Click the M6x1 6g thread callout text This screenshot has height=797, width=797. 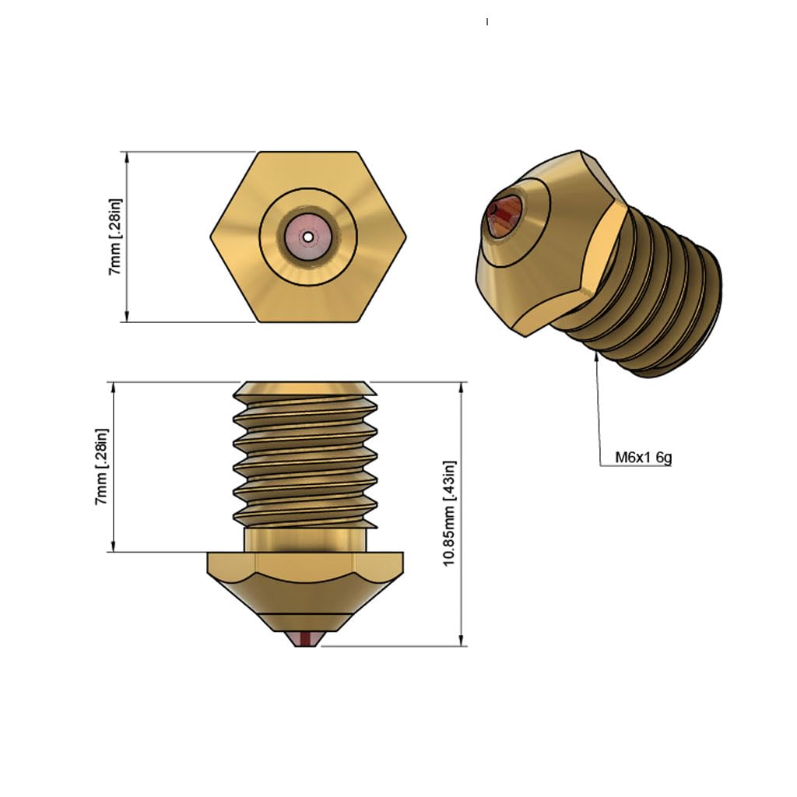(643, 458)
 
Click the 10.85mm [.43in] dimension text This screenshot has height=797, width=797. (449, 513)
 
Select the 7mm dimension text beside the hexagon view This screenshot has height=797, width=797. (115, 237)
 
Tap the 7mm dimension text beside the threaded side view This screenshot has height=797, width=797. (102, 466)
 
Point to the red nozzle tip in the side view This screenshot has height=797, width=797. (304, 638)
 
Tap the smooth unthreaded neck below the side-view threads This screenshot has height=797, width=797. (304, 539)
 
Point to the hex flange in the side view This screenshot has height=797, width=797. (304, 562)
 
